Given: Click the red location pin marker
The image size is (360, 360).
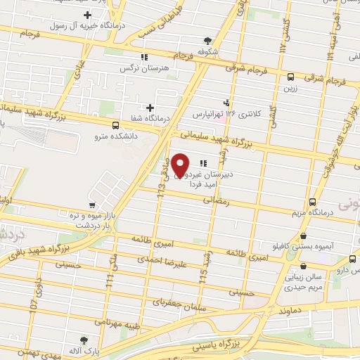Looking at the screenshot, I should pyautogui.click(x=181, y=165).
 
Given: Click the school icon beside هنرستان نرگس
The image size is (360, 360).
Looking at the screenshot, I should pyautogui.click(x=143, y=57).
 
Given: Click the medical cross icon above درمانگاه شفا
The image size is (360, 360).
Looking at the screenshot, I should pyautogui.click(x=149, y=108).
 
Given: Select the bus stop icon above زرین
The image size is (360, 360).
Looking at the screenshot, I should pyautogui.click(x=291, y=77).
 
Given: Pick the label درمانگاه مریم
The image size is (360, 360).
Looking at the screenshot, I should pyautogui.click(x=310, y=212).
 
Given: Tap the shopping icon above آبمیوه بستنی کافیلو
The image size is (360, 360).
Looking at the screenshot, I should pyautogui.click(x=303, y=236).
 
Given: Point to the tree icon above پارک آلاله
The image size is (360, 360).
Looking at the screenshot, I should pyautogui.click(x=84, y=340).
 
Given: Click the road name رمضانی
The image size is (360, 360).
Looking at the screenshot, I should pyautogui.click(x=218, y=200).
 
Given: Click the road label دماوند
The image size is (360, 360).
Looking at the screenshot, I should pyautogui.click(x=290, y=310).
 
